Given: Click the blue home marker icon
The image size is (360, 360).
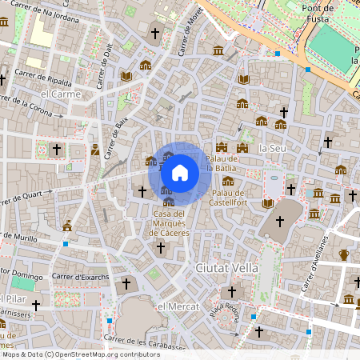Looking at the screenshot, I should [180, 172].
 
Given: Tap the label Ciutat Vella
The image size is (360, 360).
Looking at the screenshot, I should [226, 268].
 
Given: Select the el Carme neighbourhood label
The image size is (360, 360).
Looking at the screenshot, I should [62, 94].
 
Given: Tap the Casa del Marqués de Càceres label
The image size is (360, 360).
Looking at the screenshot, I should [169, 223].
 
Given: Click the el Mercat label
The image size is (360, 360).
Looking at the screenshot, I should [177, 307].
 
